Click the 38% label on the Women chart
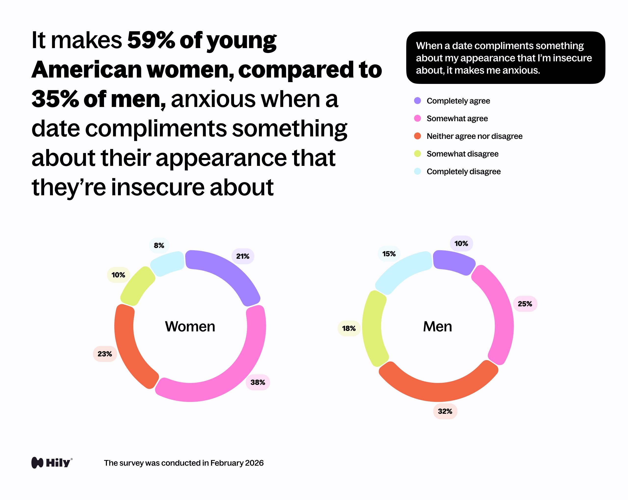click(258, 382)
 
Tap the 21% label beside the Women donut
click(243, 256)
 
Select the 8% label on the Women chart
click(159, 245)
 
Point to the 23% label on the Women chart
click(105, 354)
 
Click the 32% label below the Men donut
click(445, 411)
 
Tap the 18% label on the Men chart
click(349, 328)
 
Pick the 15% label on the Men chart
click(389, 254)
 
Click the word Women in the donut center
click(190, 326)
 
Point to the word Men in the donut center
click(437, 326)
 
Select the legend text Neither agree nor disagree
click(474, 136)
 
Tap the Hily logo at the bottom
click(52, 462)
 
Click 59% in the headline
click(151, 40)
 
